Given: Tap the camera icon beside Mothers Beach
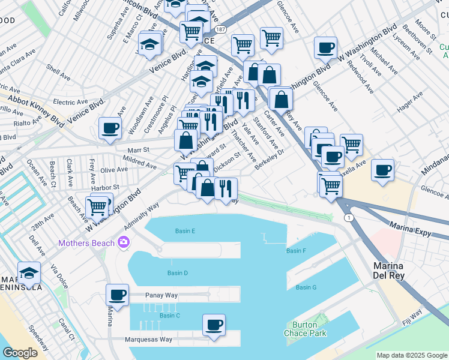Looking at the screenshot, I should click(124, 242).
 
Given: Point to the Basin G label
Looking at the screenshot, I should click(306, 287).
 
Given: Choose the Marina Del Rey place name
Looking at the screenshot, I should click(389, 270).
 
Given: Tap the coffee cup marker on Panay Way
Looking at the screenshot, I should click(117, 295).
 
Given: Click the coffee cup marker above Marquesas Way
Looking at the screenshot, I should click(214, 325).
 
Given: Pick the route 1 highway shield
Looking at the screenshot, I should click(348, 217).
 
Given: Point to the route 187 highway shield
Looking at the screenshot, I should click(221, 29).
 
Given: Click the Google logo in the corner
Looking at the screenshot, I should click(20, 353).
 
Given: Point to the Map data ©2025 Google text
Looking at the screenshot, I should click(412, 355).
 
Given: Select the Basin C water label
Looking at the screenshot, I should click(170, 316).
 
